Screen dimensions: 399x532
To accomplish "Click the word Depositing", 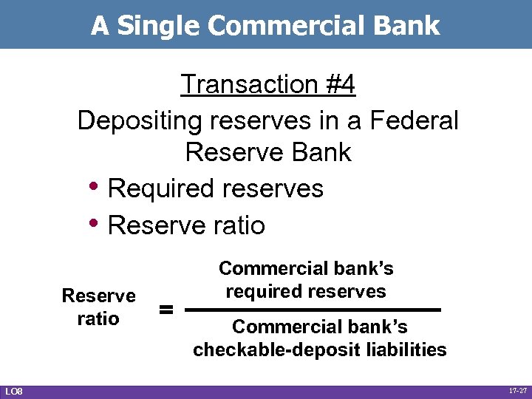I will pyautogui.click(x=140, y=119).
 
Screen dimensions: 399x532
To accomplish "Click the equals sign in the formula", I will pyautogui.click(x=168, y=310).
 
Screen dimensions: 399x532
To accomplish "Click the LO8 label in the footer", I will pyautogui.click(x=13, y=391).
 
